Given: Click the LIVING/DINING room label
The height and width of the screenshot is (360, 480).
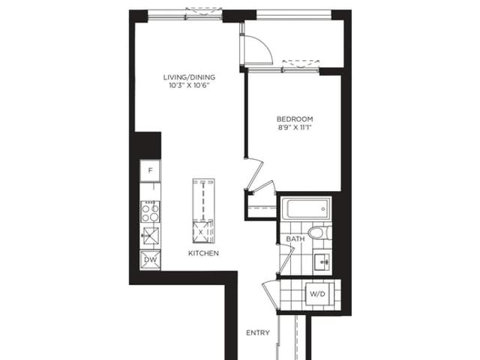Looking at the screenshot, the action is pos(189,77).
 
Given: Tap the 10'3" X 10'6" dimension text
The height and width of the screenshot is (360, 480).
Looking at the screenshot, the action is pos(189,85).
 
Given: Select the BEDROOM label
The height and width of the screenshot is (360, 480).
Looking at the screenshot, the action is pos(295,118).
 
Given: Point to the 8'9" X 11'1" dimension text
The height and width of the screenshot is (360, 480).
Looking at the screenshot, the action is pos(295,127).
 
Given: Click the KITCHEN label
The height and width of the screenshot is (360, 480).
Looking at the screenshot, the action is pos(203,253).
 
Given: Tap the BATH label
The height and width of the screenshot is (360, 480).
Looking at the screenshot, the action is pos(295,238).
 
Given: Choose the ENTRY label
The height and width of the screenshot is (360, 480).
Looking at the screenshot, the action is pos(258,333).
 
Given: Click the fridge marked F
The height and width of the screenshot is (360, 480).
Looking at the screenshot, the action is pos(150,170).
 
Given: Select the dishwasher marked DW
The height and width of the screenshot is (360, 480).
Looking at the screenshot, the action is pos(150,260).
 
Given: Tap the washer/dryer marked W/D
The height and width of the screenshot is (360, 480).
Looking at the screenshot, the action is pos(318,294).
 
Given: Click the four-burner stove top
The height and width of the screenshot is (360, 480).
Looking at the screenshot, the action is pos(150,211).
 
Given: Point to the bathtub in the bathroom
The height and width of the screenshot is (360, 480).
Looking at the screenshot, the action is pos(306,208).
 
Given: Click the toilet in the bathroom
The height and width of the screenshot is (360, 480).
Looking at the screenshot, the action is pos(319,232).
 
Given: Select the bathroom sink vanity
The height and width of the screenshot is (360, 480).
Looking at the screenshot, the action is pos(322,262).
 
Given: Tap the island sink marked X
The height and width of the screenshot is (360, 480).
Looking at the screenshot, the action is pos(201,232).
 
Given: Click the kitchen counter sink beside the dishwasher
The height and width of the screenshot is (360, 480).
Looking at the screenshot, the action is pos(150,236).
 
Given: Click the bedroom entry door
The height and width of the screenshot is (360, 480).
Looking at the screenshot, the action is pos(255,174).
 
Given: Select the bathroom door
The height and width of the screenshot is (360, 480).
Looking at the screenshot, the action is pos(286,259).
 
